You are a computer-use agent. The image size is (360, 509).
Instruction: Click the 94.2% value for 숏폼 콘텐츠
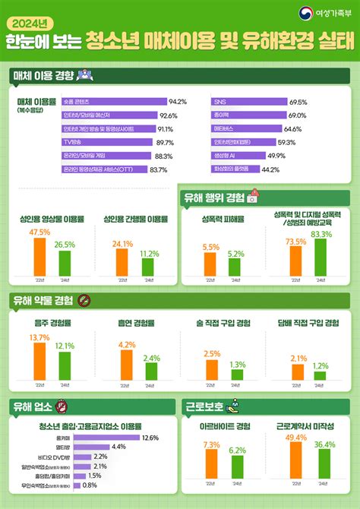178,101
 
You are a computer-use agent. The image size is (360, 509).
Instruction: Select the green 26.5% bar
65,263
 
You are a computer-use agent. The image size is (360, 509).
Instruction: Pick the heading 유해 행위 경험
214,198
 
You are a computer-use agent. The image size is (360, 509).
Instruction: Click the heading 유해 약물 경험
43,301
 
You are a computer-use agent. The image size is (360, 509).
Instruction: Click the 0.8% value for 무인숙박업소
90,485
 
